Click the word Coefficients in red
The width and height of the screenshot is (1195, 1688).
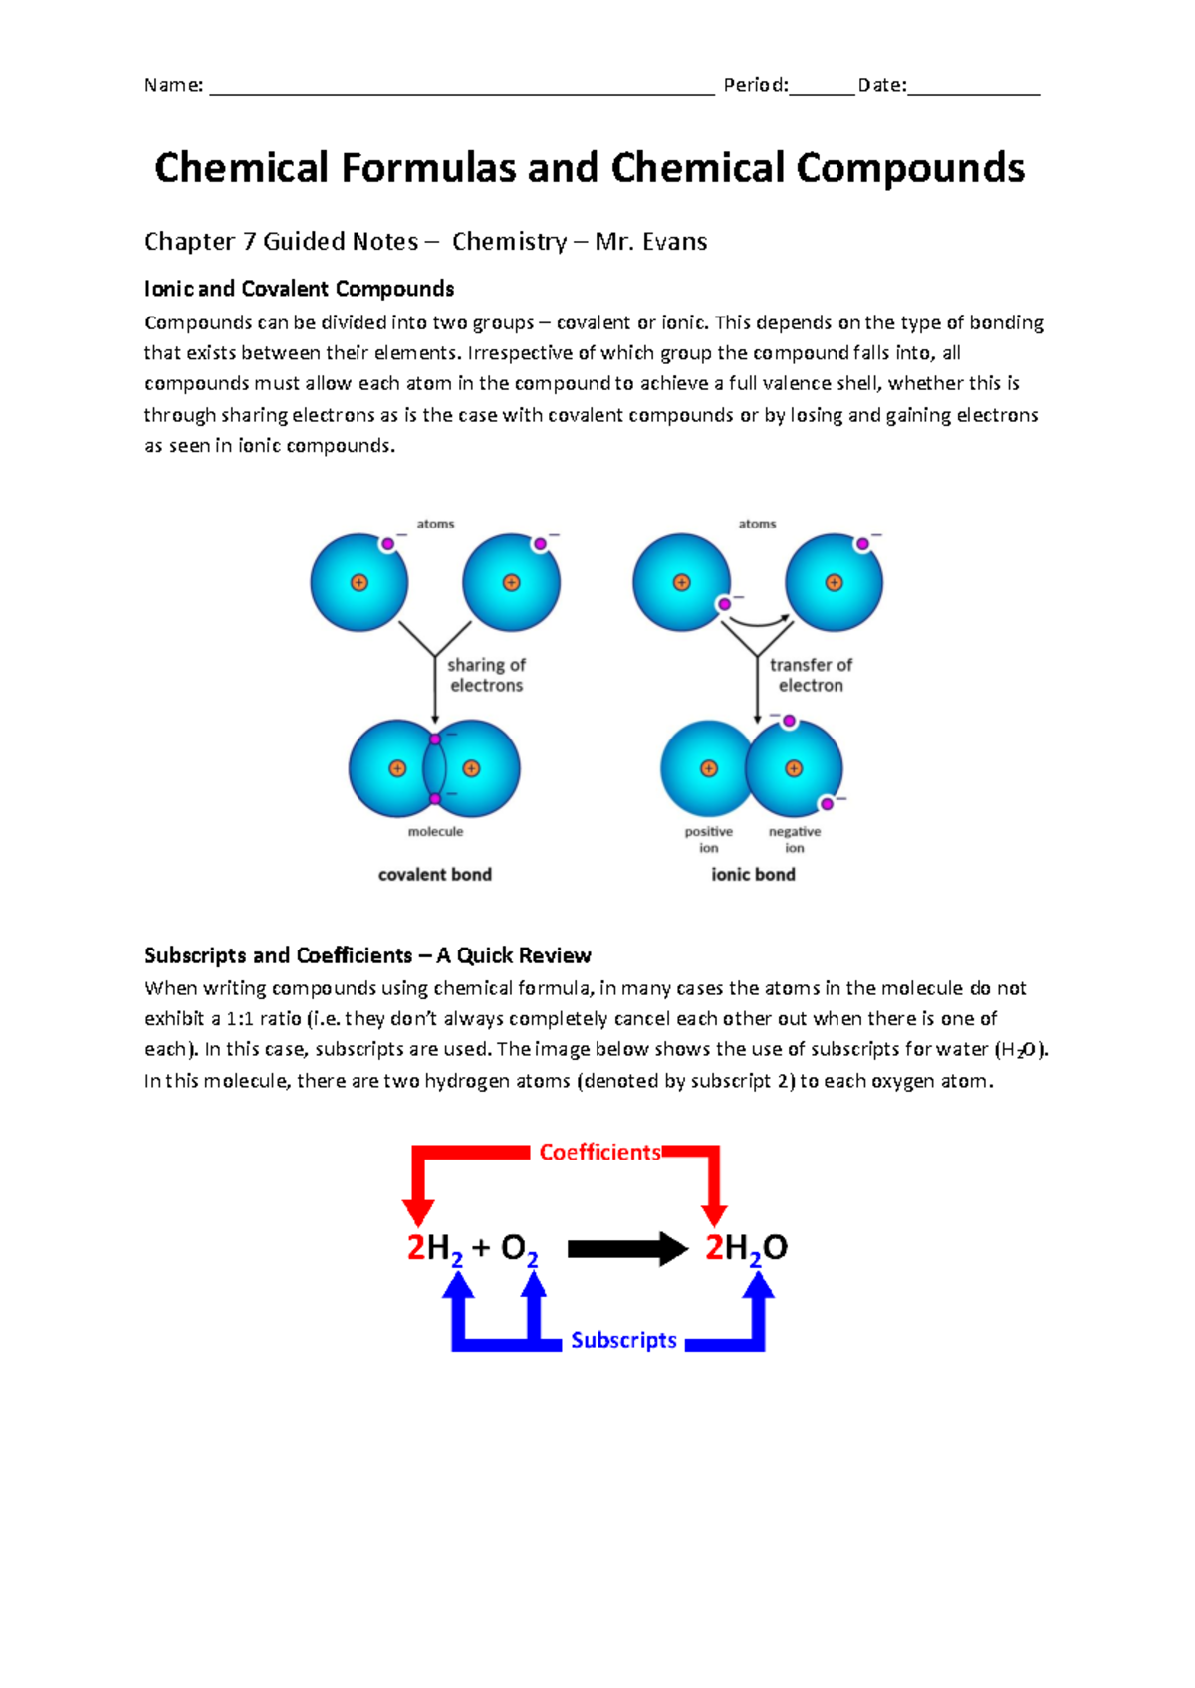[599, 1152]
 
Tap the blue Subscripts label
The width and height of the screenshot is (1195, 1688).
[623, 1340]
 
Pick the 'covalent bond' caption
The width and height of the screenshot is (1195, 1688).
[435, 875]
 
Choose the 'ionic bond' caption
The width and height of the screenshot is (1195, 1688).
[753, 875]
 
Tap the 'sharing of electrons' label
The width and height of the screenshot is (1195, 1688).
[486, 675]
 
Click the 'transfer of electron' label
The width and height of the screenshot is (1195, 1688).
[811, 675]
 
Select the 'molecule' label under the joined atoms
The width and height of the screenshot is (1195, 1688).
[435, 832]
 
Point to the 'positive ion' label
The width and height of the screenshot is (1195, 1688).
[708, 839]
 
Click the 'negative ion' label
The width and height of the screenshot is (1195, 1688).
[795, 839]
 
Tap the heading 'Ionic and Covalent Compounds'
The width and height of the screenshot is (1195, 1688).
[299, 289]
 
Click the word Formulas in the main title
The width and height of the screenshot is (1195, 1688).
[428, 168]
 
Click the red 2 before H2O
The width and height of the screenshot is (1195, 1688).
[714, 1247]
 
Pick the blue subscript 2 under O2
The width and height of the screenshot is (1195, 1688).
[533, 1260]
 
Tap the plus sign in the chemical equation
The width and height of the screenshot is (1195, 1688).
[481, 1247]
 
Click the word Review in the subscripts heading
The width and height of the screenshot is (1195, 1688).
[554, 955]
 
